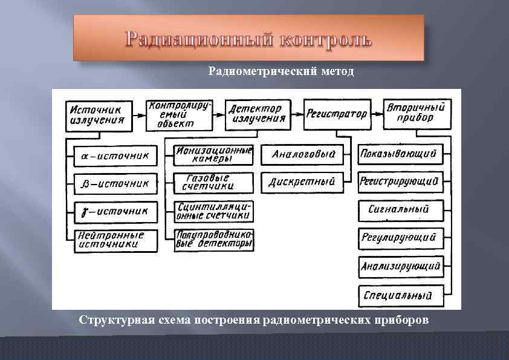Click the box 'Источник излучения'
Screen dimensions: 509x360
100,115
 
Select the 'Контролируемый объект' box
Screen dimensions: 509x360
180,114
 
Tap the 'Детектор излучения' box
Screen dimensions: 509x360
256,114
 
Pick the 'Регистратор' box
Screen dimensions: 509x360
337,114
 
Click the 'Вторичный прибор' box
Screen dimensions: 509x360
417,114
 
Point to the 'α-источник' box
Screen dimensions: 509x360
115,155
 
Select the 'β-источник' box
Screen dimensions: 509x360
115,183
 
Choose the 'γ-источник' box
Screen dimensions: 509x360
115,212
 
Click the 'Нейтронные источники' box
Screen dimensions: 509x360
115,240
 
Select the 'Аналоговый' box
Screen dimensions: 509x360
303,155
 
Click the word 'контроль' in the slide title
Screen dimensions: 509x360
326,40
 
